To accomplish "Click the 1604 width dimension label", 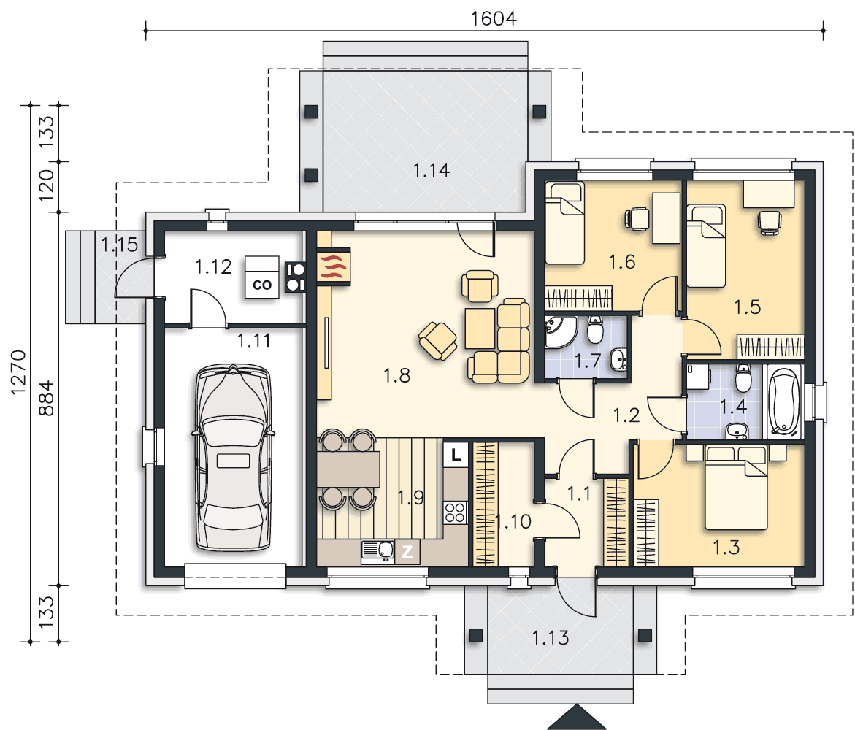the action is point(494,18).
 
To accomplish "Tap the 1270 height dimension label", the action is point(18,372).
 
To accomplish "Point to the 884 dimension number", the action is point(47,398).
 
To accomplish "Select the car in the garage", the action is point(234,458).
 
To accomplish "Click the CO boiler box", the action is point(261,277).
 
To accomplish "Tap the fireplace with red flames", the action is point(333,266).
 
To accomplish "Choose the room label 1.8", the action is point(396,375).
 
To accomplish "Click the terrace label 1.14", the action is point(431,171).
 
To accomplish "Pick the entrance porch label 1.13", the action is point(551,637).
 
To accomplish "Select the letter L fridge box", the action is point(456,454).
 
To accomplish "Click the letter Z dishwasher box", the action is point(407,553).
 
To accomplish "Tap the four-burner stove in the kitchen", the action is point(456,512).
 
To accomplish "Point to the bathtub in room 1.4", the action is point(784,403).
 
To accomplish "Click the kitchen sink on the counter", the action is point(377,552).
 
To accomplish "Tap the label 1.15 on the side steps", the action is point(120,245).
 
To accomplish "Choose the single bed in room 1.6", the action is point(565,223).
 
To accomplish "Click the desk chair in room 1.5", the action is point(770,223).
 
